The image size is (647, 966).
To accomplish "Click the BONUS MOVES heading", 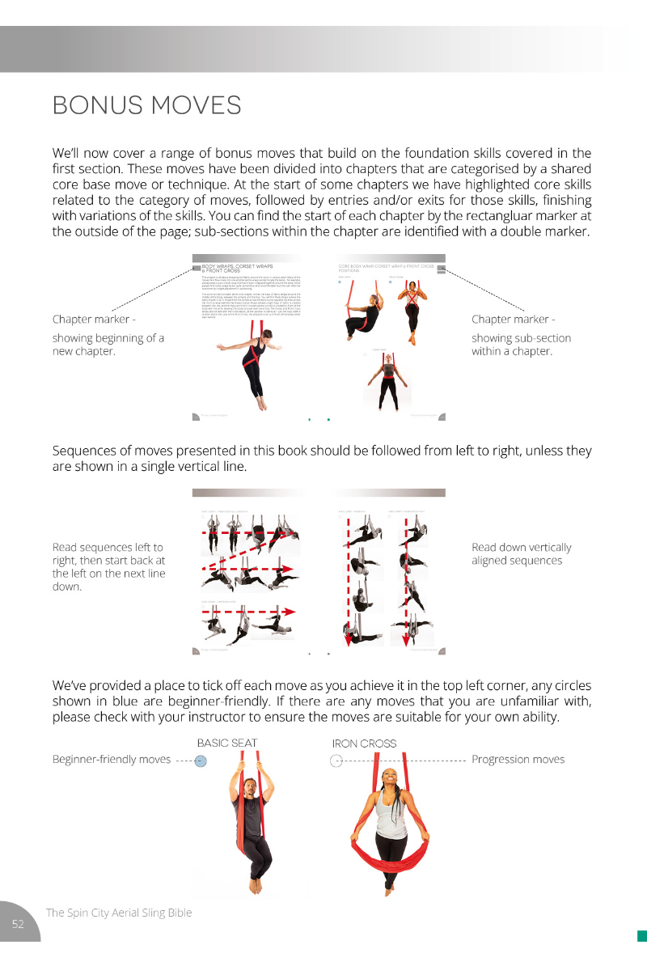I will [x=146, y=105].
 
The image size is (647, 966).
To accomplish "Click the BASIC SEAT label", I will [x=227, y=743].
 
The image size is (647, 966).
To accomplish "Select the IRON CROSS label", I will [x=364, y=744].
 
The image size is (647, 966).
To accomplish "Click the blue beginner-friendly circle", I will [x=201, y=761].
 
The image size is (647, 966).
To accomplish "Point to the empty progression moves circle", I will [x=336, y=761].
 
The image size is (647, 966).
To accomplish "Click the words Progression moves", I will [x=518, y=759].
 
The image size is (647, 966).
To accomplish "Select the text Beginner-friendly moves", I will [x=111, y=759].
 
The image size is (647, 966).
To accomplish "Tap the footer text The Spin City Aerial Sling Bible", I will [x=119, y=913].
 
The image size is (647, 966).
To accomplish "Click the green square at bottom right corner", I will [x=642, y=936].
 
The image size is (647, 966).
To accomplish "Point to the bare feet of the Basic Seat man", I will [x=256, y=886].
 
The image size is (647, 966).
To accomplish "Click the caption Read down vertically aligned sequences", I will [x=521, y=554].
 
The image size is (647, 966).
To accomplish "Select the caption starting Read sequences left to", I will [x=108, y=566].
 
